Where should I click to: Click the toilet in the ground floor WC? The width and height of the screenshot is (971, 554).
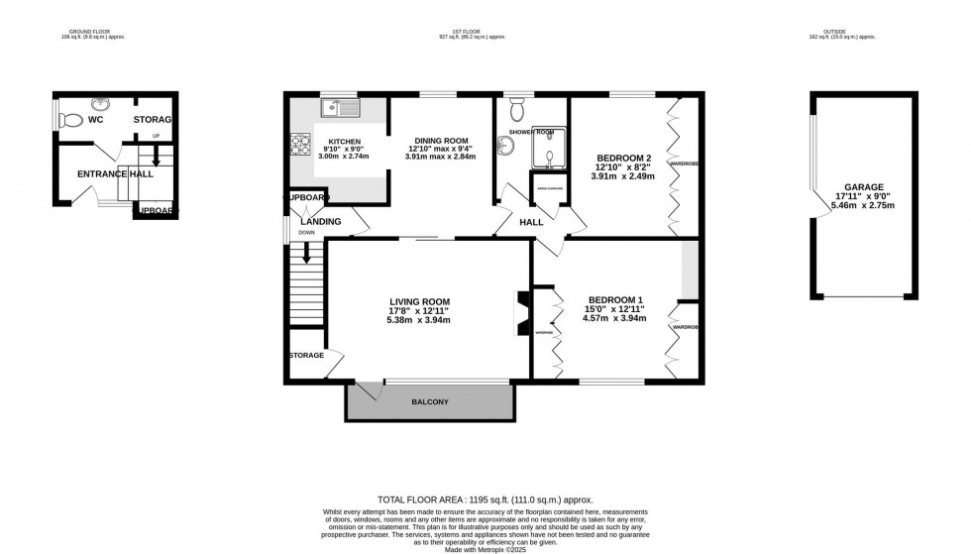(69, 121)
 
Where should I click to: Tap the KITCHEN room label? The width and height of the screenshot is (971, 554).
(345, 142)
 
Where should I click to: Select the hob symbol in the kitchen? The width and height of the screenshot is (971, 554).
(298, 146)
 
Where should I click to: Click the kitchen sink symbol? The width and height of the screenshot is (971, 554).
(342, 102)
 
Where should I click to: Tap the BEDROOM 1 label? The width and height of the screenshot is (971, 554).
(615, 300)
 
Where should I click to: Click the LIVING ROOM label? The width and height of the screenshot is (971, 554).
(419, 302)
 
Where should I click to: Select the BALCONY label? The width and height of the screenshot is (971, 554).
(430, 401)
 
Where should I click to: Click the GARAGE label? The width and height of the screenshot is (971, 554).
(864, 186)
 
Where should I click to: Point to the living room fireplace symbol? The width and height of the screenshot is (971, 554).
(520, 313)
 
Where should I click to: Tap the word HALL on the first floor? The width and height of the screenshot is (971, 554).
(532, 222)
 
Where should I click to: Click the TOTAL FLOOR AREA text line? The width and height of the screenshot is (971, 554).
(485, 498)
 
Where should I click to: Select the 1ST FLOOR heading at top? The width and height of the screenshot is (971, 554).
(465, 32)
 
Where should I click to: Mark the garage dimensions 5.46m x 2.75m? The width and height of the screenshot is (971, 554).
(864, 206)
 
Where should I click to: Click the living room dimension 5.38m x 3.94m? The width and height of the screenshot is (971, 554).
(419, 321)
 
